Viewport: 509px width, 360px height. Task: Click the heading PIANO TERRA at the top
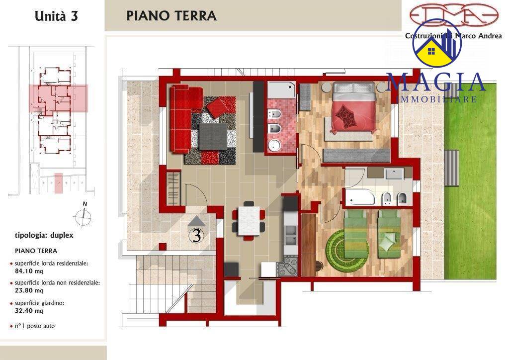(x=171, y=15)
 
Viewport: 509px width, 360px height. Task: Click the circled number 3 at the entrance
(x=197, y=236)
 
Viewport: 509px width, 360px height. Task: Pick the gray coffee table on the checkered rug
(x=213, y=136)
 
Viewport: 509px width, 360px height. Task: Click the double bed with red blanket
(x=353, y=107)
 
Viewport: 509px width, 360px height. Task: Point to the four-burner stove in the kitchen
(x=288, y=266)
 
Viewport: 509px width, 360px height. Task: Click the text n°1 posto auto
(x=35, y=326)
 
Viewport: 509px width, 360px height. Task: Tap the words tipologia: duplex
(x=44, y=235)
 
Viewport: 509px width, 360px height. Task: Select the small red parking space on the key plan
(x=59, y=183)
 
